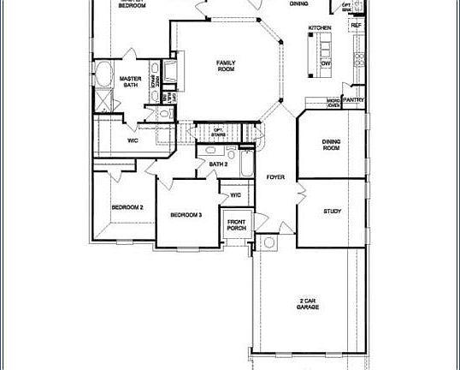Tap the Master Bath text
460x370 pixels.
coord(130,81)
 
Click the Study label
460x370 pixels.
coord(332,211)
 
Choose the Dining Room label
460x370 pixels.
coord(332,145)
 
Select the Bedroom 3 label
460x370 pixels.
coord(186,214)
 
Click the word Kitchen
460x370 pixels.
coord(319,28)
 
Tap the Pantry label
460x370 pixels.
coord(354,99)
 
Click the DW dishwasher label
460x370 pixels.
coord(326,63)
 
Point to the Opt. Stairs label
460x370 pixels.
coord(218,132)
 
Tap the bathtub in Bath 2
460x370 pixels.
coord(245,164)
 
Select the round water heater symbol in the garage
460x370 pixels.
coord(268,242)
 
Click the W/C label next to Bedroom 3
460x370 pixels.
coord(236,195)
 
